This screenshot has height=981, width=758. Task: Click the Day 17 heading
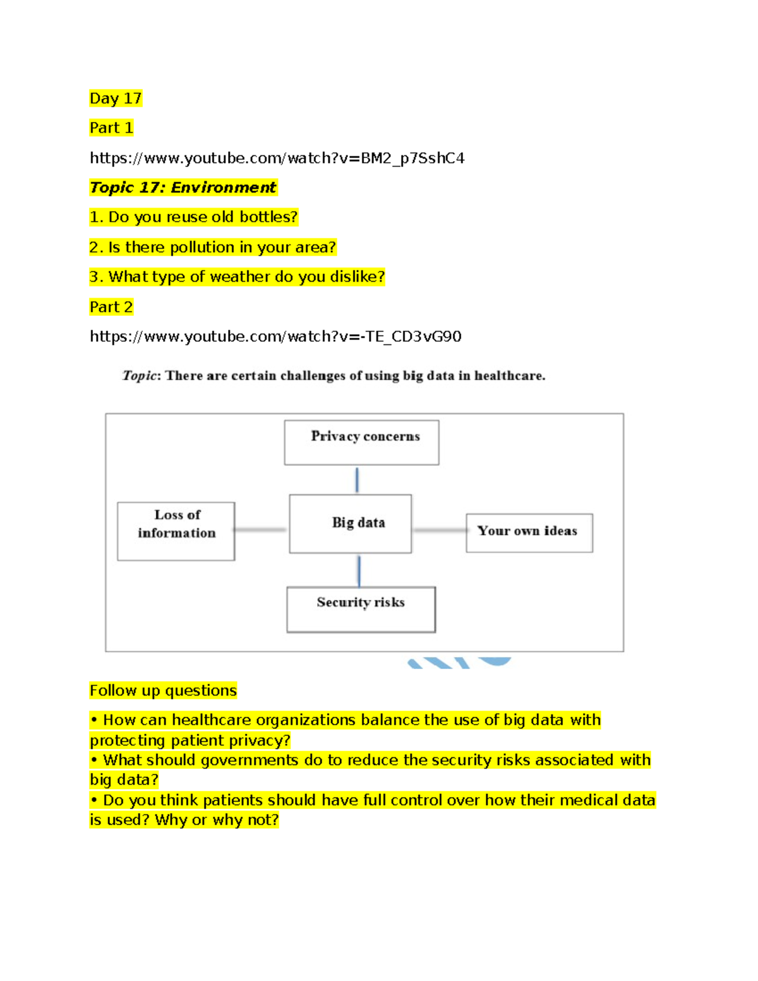[x=116, y=98]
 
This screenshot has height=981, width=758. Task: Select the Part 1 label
[x=111, y=128]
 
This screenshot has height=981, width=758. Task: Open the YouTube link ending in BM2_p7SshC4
[x=277, y=158]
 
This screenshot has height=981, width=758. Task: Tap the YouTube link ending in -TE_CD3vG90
[x=275, y=336]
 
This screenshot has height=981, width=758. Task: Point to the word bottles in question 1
[x=268, y=217]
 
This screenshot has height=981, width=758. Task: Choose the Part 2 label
[x=111, y=307]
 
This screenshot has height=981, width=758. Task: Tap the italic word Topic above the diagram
[x=140, y=376]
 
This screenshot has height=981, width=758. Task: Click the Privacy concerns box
[x=361, y=442]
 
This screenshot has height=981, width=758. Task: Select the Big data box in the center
[x=351, y=524]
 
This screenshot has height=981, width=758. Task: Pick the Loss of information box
[x=176, y=531]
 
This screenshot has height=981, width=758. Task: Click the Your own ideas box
[x=529, y=533]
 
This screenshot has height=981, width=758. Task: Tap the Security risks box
[x=361, y=610]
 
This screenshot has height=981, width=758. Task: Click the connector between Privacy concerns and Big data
[x=357, y=480]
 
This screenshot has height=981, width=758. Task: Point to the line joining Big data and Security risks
[x=359, y=571]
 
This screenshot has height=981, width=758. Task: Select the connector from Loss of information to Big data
[x=261, y=529]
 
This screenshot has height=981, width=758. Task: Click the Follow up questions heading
[x=163, y=690]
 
